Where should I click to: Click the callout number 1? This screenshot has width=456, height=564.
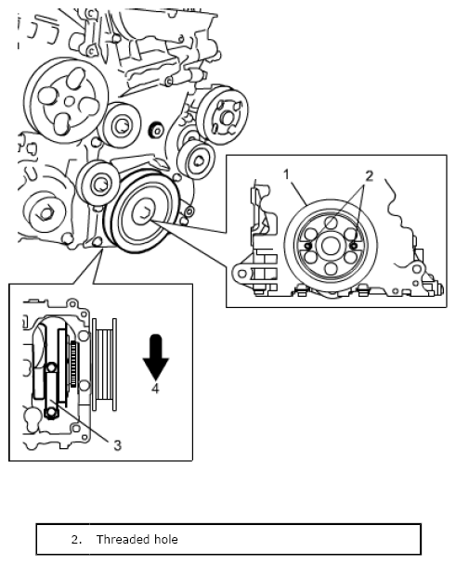point(286,174)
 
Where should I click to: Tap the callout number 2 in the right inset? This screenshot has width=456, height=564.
point(370,176)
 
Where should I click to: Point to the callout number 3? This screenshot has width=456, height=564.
point(117,445)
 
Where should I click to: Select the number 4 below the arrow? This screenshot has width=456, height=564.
point(155,388)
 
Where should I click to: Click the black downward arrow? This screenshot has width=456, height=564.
point(156,357)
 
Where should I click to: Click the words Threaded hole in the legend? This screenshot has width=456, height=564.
point(137,540)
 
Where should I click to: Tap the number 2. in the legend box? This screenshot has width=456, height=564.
point(77,540)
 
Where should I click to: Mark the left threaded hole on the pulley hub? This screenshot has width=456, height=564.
point(308,246)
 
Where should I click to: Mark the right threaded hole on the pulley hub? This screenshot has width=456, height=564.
point(354,246)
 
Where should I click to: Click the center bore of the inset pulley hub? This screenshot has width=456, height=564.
point(331,246)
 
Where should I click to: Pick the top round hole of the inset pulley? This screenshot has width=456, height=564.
point(331,223)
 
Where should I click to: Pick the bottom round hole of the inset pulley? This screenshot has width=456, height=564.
point(331,269)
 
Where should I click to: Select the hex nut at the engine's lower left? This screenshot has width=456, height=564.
point(45,213)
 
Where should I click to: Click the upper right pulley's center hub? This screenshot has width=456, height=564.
point(228,117)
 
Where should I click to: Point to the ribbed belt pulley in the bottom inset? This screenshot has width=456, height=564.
point(104,365)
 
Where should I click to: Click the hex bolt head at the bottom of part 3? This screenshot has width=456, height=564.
point(51,414)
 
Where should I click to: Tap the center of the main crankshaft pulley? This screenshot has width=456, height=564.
point(144,213)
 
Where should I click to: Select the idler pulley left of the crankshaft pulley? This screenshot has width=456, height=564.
point(98,184)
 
